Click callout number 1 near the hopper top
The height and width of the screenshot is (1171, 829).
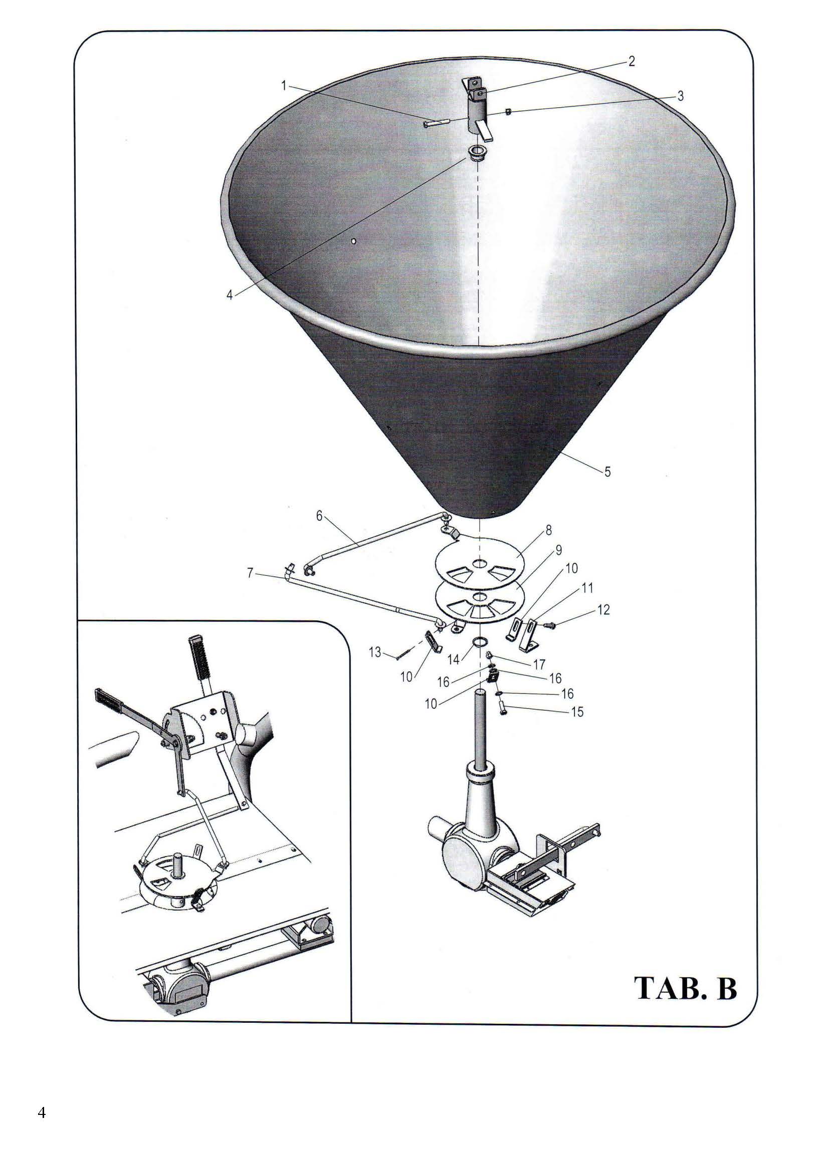[x=284, y=86]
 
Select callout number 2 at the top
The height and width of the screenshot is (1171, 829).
[x=632, y=62]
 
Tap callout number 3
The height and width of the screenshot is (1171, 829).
[x=680, y=96]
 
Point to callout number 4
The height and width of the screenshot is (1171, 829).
[x=230, y=295]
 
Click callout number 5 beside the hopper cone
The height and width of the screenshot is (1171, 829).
[x=607, y=472]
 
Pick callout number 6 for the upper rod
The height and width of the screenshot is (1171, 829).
[x=320, y=516]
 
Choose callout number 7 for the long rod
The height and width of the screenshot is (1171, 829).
[x=250, y=573]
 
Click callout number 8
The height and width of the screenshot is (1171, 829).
[x=549, y=530]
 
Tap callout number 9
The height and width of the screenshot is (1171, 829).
[x=558, y=550]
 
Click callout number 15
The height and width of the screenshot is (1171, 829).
[x=577, y=711]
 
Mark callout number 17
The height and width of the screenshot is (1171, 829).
[x=539, y=664]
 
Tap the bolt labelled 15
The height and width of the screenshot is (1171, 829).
[x=502, y=709]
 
